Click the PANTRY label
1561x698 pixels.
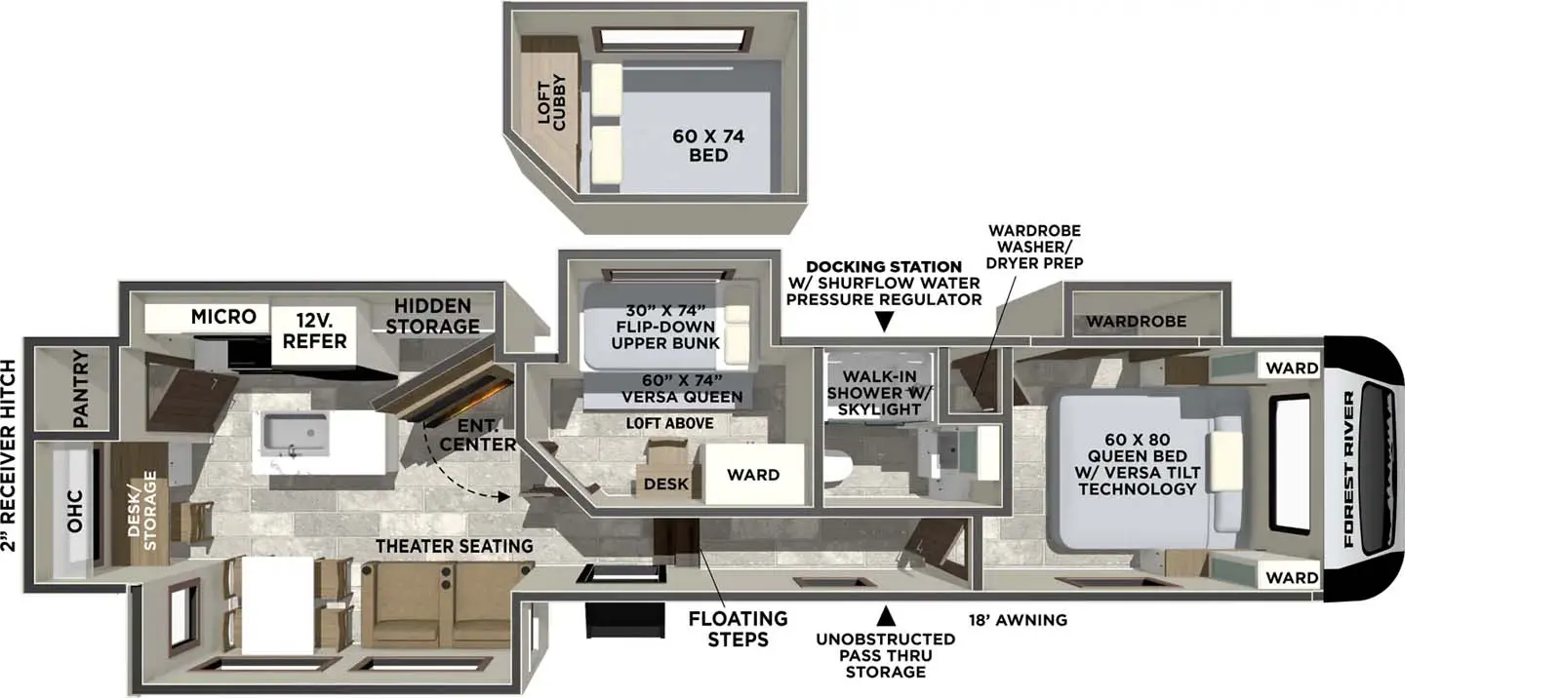click(80, 388)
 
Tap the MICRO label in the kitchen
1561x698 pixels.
click(223, 317)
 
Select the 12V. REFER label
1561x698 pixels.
click(314, 331)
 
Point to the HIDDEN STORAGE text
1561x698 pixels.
click(432, 317)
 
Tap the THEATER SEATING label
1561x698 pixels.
click(455, 546)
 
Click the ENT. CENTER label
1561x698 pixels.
click(477, 435)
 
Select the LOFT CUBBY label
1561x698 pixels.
click(551, 102)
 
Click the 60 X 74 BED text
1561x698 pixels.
click(708, 145)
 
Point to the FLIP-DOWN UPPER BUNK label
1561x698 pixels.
click(665, 327)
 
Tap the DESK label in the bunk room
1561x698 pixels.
click(665, 484)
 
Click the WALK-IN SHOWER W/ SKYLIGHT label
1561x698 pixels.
click(878, 392)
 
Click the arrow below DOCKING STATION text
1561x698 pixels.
click(884, 322)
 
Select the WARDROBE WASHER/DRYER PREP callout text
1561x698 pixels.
click(1034, 247)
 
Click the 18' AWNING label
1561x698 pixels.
click(1018, 620)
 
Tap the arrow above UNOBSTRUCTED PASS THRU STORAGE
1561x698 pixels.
click(886, 616)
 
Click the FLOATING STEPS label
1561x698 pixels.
click(738, 629)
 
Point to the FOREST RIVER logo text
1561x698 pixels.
click(1350, 469)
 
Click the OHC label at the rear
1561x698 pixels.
click(75, 511)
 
